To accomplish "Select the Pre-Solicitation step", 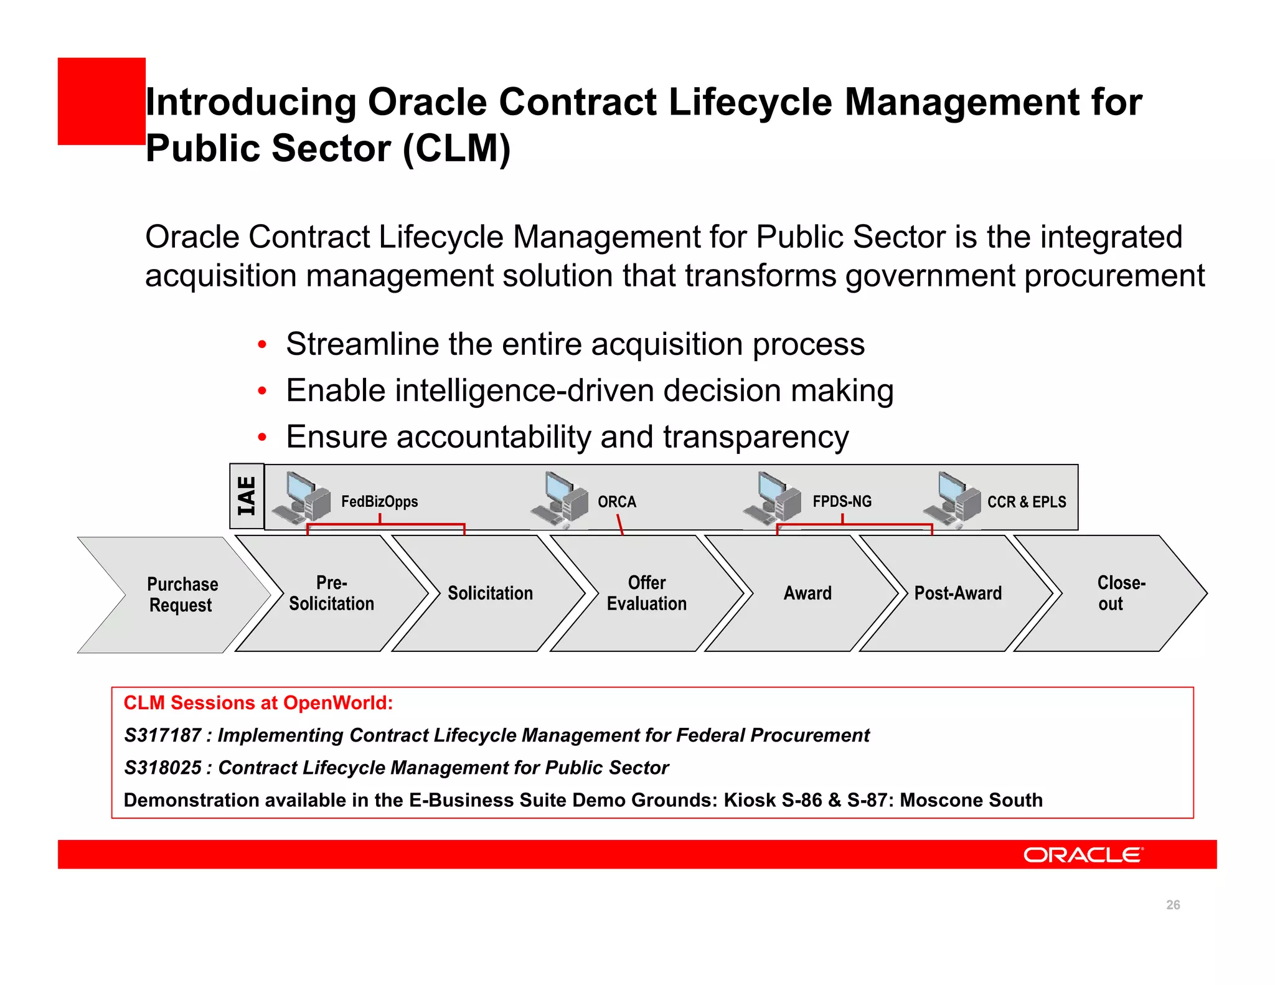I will pyautogui.click(x=331, y=593).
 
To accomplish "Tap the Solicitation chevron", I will pyautogui.click(x=490, y=593).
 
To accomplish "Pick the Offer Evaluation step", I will pyautogui.click(x=647, y=593).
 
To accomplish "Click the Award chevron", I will pyautogui.click(x=807, y=593).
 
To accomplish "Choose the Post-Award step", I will pyautogui.click(x=958, y=593).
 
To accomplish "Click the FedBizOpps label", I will pyautogui.click(x=379, y=502).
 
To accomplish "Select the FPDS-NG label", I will pyautogui.click(x=842, y=502).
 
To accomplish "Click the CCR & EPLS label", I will pyautogui.click(x=1027, y=502).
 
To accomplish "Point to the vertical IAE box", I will pyautogui.click(x=247, y=496).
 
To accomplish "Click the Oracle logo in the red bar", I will pyautogui.click(x=1083, y=855).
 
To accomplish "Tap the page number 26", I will pyautogui.click(x=1173, y=905).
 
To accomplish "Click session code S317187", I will pyautogui.click(x=162, y=735).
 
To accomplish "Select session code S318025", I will pyautogui.click(x=162, y=768).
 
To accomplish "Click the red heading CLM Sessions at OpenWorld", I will pyautogui.click(x=258, y=703).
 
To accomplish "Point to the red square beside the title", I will pyautogui.click(x=101, y=101).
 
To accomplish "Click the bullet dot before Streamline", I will pyautogui.click(x=262, y=345).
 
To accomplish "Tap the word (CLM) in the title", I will pyautogui.click(x=456, y=149).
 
